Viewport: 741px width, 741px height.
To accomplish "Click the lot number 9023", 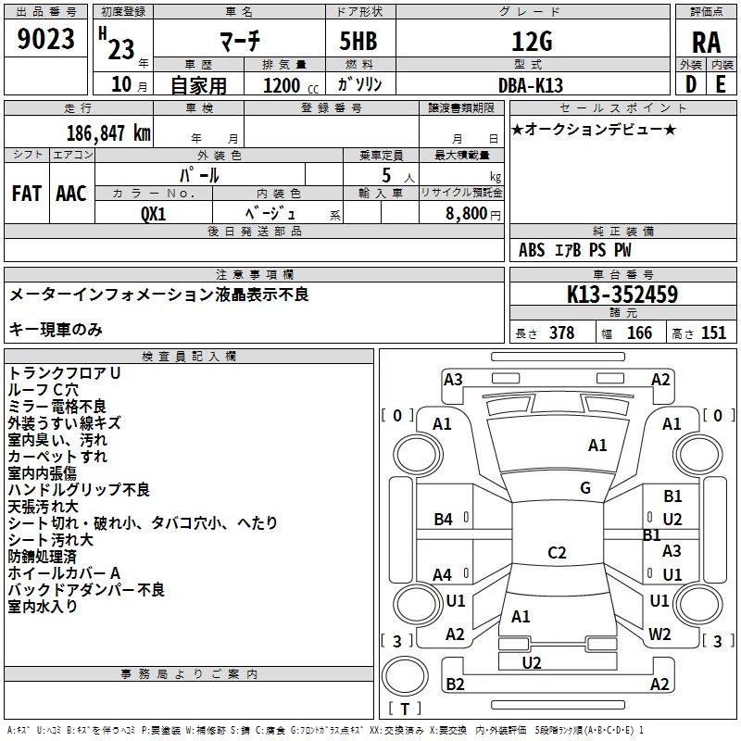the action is point(45,39).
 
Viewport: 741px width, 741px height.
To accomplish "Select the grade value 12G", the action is point(532,42).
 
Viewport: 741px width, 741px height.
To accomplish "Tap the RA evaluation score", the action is point(706,43).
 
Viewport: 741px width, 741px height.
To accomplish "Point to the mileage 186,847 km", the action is point(108,133).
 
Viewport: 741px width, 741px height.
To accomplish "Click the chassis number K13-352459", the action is point(622,294).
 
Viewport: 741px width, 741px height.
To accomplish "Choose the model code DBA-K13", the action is point(531,85).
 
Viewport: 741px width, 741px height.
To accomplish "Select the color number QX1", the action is point(154,214).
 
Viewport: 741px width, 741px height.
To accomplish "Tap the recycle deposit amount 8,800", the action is point(467,214).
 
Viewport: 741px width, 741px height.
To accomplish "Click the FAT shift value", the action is point(27,194).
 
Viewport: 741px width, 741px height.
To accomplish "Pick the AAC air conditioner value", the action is point(71,194).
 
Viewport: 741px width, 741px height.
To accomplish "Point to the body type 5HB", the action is point(358,41).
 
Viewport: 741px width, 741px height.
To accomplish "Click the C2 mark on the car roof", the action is point(557,552).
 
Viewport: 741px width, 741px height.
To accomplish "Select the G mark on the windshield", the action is point(585,488).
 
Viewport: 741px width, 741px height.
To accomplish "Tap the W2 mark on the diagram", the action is point(659,634).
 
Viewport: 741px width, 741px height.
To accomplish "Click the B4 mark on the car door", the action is point(444,520).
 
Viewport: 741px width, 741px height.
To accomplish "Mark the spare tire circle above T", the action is point(405,675).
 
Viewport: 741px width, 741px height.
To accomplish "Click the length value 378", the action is point(562,333).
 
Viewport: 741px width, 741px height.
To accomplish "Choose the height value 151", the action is point(713,333).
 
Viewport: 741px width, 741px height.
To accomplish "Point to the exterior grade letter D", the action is point(691,84).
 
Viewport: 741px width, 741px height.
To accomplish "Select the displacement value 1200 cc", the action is point(291,86).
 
